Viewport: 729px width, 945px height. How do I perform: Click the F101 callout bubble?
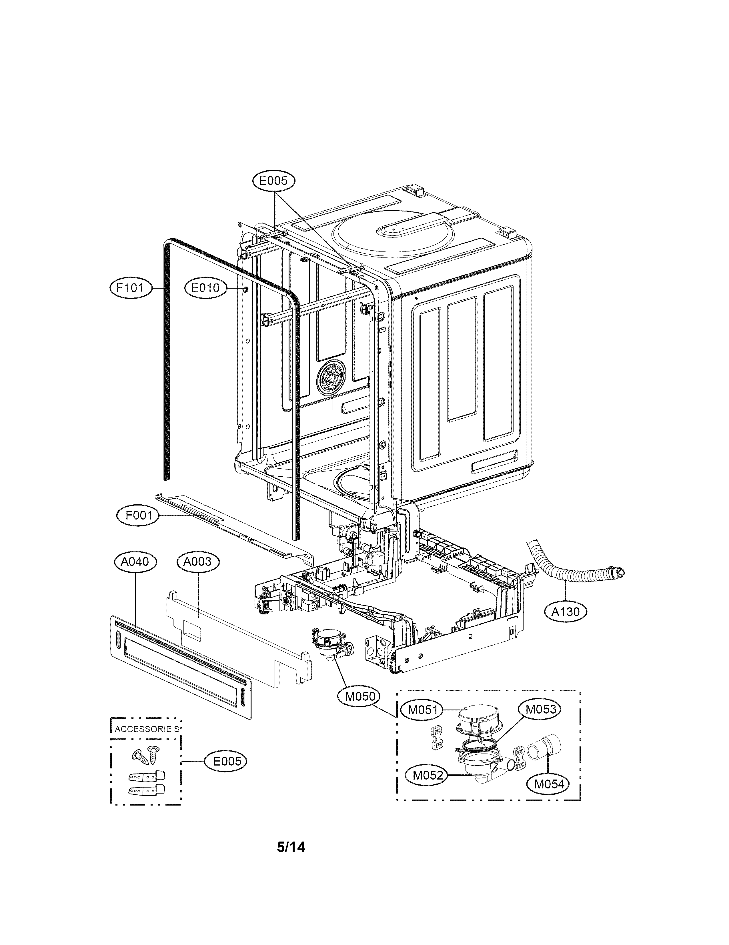pyautogui.click(x=131, y=288)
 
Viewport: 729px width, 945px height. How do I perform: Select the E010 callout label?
pyautogui.click(x=205, y=288)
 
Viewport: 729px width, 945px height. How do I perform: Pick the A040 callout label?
pyautogui.click(x=135, y=562)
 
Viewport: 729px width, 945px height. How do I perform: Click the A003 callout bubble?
pyautogui.click(x=198, y=562)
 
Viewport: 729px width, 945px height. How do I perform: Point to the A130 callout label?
pyautogui.click(x=566, y=612)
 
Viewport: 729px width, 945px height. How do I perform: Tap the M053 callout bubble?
pyautogui.click(x=540, y=709)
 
